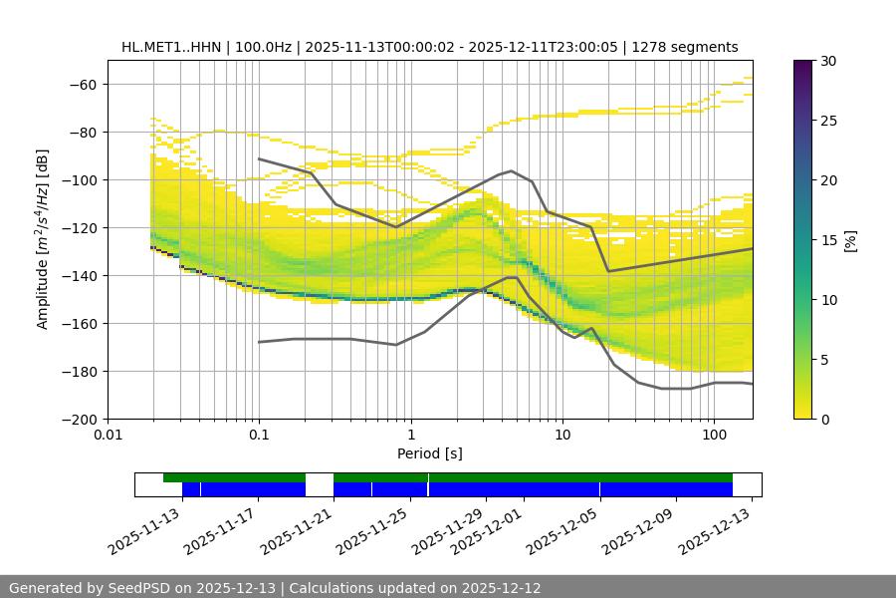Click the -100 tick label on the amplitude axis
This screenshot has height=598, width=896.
(x=82, y=179)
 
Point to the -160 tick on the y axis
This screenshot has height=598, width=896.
(x=82, y=323)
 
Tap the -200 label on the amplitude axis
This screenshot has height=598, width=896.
(x=82, y=419)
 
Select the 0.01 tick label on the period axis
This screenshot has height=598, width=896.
(x=108, y=436)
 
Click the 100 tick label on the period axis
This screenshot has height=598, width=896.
(x=714, y=436)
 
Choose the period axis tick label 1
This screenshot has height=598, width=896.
(x=410, y=436)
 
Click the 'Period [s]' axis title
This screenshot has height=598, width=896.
(x=430, y=453)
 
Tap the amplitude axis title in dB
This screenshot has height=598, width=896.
(x=43, y=239)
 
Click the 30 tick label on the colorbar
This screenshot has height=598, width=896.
(x=828, y=61)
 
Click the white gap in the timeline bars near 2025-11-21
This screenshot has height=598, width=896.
(x=319, y=484)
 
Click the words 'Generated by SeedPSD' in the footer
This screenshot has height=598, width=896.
(x=91, y=588)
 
